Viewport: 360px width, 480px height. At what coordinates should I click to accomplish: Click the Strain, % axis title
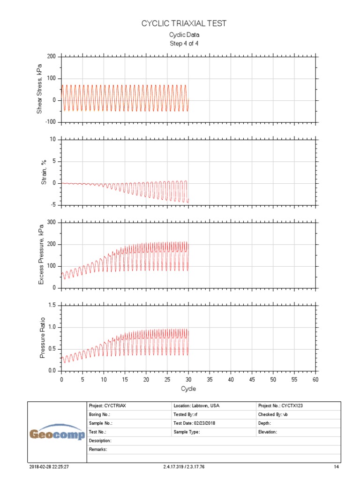[44, 172]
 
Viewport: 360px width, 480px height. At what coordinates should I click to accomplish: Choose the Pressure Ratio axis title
[42, 337]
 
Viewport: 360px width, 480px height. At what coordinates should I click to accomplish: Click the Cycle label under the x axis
[188, 389]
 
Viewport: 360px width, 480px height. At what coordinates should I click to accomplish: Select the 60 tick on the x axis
[315, 379]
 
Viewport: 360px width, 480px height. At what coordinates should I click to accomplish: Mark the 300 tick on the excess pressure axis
[52, 223]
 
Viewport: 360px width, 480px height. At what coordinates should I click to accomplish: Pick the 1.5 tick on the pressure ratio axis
[52, 306]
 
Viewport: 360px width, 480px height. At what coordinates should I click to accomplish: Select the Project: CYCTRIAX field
[109, 406]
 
